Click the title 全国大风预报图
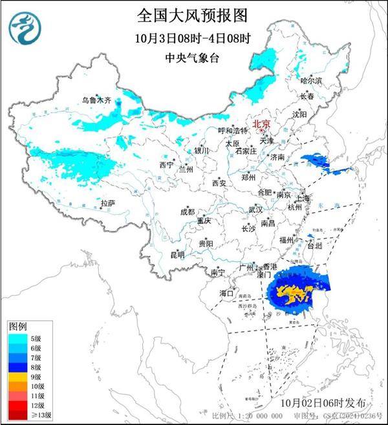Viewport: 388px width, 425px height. pyautogui.click(x=193, y=14)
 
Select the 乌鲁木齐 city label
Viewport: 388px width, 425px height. pyautogui.click(x=96, y=100)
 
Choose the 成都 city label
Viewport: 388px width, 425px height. pyautogui.click(x=187, y=211)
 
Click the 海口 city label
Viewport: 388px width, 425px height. pyautogui.click(x=226, y=293)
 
